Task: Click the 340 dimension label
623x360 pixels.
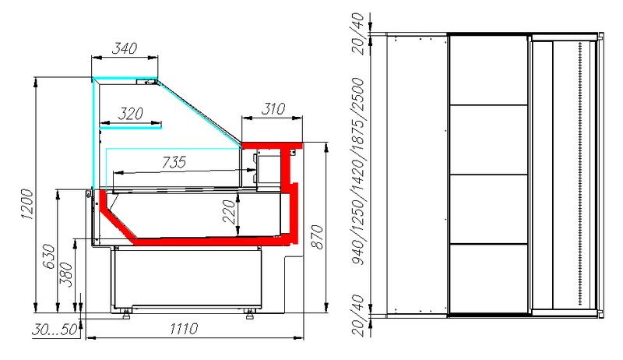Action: coord(125,48)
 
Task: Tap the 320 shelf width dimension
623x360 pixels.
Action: coord(130,114)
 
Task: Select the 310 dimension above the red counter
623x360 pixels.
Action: coord(273,109)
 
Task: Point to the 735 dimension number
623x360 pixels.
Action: coord(174,162)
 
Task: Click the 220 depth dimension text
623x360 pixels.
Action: coord(229,212)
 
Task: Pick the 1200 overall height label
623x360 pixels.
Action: coord(27,205)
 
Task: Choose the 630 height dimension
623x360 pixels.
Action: coord(49,256)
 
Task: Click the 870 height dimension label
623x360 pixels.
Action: coord(317,237)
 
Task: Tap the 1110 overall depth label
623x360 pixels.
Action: coord(184,329)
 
